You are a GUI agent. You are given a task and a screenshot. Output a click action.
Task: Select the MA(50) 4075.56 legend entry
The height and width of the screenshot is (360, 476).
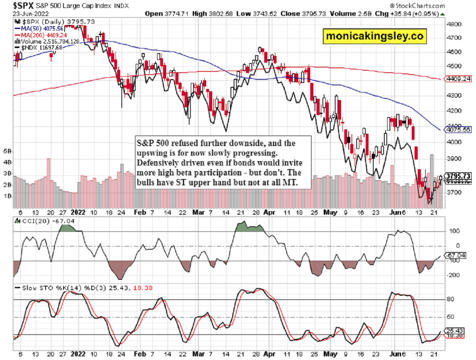click(38, 29)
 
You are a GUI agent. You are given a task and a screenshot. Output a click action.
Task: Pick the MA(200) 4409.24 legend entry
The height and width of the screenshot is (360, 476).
click(40, 35)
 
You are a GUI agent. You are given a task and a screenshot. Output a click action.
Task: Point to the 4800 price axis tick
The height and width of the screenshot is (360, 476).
click(454, 24)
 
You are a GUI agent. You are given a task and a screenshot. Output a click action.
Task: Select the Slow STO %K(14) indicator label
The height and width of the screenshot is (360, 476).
click(44, 287)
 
